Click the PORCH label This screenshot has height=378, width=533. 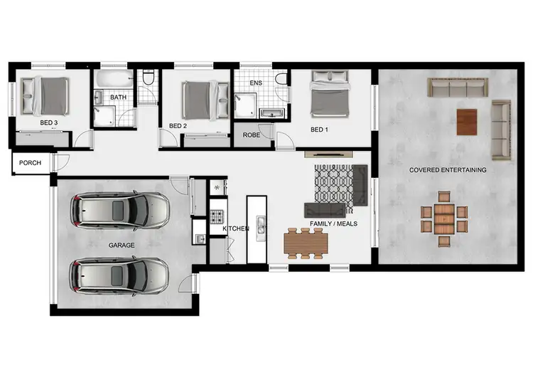pyautogui.click(x=30, y=163)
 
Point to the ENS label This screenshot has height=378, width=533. pyautogui.click(x=257, y=83)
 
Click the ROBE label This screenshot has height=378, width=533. pyautogui.click(x=251, y=134)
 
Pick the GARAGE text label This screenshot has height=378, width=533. pyautogui.click(x=122, y=245)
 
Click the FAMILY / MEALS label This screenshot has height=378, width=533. pyautogui.click(x=333, y=224)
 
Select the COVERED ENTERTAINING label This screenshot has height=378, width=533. pyautogui.click(x=448, y=170)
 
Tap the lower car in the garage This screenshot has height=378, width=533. pyautogui.click(x=119, y=276)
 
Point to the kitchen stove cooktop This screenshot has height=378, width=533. pyautogui.click(x=217, y=214)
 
